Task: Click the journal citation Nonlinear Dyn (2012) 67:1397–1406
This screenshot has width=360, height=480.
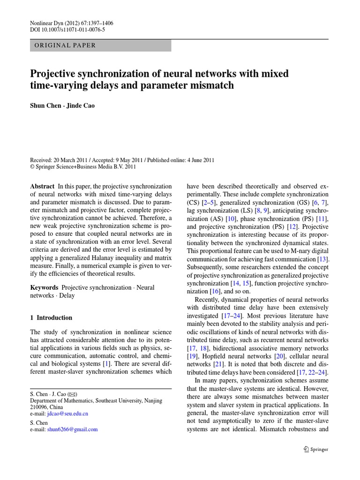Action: coord(72,23)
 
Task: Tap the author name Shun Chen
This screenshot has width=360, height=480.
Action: coord(45,105)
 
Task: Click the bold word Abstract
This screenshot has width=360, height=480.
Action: coord(42,186)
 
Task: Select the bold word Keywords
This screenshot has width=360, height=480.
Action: coord(45,287)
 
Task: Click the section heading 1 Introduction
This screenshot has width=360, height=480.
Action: coord(51,317)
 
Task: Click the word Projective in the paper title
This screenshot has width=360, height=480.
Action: coord(55,74)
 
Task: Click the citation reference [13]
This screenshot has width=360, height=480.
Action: coord(323,259)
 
